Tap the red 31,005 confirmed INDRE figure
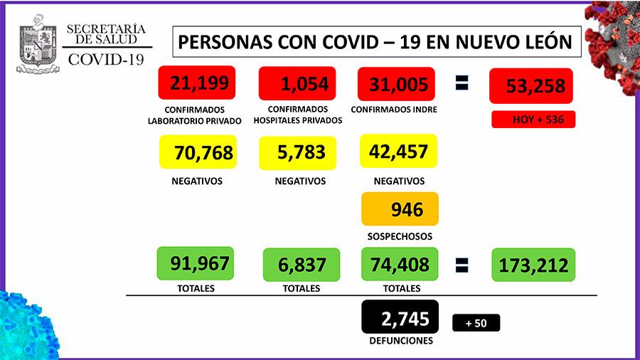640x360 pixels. click(x=398, y=85)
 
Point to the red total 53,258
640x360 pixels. click(x=531, y=87)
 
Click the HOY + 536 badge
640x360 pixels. click(x=533, y=120)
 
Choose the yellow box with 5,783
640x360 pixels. click(x=297, y=152)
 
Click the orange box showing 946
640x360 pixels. click(x=400, y=209)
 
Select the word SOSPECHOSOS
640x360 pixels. click(x=399, y=236)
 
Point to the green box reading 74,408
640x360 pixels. click(x=399, y=265)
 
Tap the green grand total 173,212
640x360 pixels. click(x=533, y=265)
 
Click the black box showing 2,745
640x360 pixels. click(x=399, y=317)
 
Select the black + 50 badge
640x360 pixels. click(x=476, y=323)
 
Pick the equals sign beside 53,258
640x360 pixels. click(x=462, y=84)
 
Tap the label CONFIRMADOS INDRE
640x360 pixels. click(x=394, y=110)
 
